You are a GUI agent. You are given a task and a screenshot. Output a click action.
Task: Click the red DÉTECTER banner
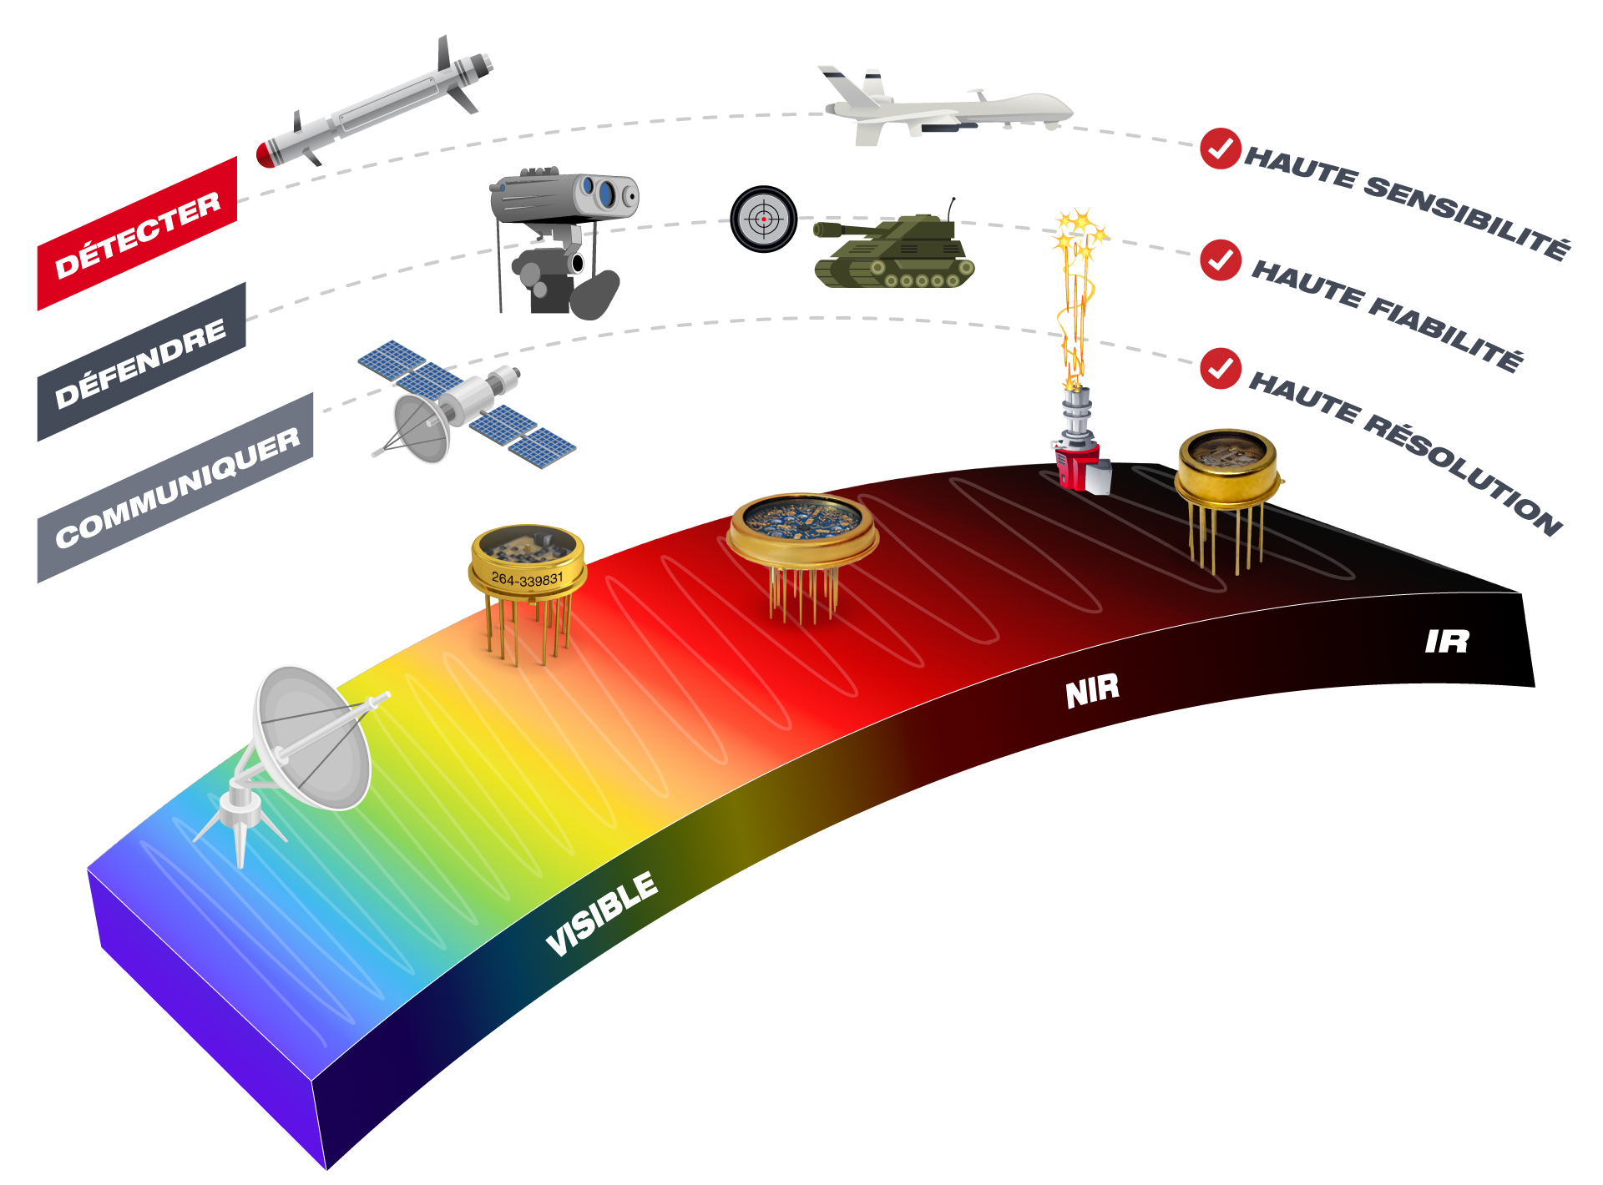(138, 234)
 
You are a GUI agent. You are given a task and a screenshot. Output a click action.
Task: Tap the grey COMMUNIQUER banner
(176, 487)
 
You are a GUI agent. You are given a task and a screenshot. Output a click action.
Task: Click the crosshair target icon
(763, 219)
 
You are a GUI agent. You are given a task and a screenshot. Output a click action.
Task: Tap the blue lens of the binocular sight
(606, 194)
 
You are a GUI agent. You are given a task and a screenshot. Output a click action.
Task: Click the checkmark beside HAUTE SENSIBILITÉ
(1221, 149)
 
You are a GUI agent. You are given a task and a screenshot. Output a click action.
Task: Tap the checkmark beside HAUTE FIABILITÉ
(1221, 260)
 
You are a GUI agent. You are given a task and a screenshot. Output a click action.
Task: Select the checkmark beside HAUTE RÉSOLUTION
(1221, 368)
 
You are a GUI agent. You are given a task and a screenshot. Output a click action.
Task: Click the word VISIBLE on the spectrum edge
(602, 914)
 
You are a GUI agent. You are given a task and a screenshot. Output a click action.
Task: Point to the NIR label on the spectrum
(1092, 690)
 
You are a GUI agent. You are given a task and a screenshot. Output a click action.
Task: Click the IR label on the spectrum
(1447, 641)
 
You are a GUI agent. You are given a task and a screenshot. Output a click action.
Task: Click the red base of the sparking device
(1075, 467)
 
